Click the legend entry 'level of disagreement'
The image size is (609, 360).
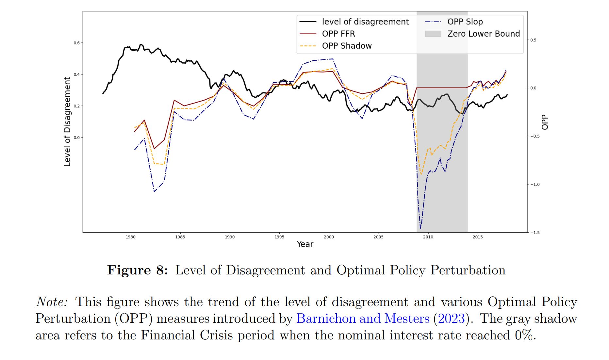pyautogui.click(x=365, y=22)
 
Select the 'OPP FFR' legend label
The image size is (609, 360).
pyautogui.click(x=338, y=34)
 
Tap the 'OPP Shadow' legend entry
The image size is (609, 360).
pyautogui.click(x=347, y=46)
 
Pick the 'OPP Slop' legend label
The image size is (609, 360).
pyautogui.click(x=465, y=22)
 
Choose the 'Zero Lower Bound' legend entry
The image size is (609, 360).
pyautogui.click(x=483, y=34)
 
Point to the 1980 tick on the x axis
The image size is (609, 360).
pyautogui.click(x=130, y=237)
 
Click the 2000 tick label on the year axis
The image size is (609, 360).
pyautogui.click(x=329, y=237)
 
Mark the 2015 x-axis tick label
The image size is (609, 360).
pyautogui.click(x=477, y=237)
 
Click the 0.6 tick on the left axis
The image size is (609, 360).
pyautogui.click(x=76, y=43)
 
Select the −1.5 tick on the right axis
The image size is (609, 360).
pyautogui.click(x=535, y=233)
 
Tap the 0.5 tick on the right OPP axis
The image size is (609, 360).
pyautogui.click(x=533, y=40)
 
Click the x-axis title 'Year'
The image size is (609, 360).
pyautogui.click(x=305, y=244)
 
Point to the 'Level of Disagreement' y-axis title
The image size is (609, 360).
pyautogui.click(x=67, y=122)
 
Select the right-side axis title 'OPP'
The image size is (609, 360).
pyautogui.click(x=545, y=122)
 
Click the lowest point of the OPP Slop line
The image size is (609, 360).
pyautogui.click(x=420, y=228)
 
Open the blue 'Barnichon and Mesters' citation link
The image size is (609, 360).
pyautogui.click(x=363, y=319)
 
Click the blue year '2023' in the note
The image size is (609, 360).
pyautogui.click(x=451, y=319)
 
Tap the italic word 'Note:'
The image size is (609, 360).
pyautogui.click(x=52, y=302)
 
